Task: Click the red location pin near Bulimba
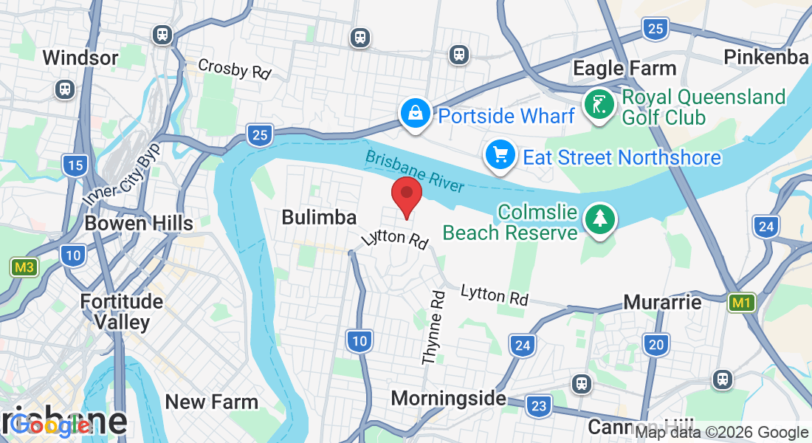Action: (x=406, y=195)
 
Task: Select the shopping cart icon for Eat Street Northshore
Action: (x=500, y=157)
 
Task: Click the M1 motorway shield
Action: (x=742, y=303)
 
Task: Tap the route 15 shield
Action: (x=75, y=165)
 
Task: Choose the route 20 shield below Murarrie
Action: (x=656, y=344)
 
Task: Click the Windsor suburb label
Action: (x=80, y=58)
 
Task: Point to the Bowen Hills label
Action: (x=139, y=223)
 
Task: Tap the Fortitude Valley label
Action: (x=122, y=312)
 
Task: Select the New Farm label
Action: (x=212, y=402)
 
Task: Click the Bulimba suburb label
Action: (x=319, y=217)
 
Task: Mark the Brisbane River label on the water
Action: (x=414, y=170)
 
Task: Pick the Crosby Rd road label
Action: (x=235, y=68)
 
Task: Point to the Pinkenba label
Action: (x=765, y=57)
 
